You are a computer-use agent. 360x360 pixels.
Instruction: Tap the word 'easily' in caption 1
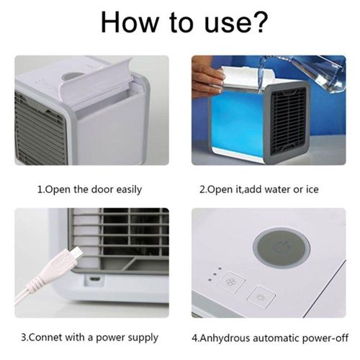129,190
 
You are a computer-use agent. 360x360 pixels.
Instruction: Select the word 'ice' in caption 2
312,189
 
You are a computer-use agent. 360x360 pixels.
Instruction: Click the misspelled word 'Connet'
45,337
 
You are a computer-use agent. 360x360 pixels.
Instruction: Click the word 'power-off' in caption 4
325,338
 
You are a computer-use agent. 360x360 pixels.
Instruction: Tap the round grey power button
282,248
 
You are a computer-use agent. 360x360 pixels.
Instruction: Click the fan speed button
231,282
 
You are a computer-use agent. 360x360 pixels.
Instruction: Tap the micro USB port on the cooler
95,279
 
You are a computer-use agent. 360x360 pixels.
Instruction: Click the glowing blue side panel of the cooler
236,124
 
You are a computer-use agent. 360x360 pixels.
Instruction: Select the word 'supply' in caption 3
143,338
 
